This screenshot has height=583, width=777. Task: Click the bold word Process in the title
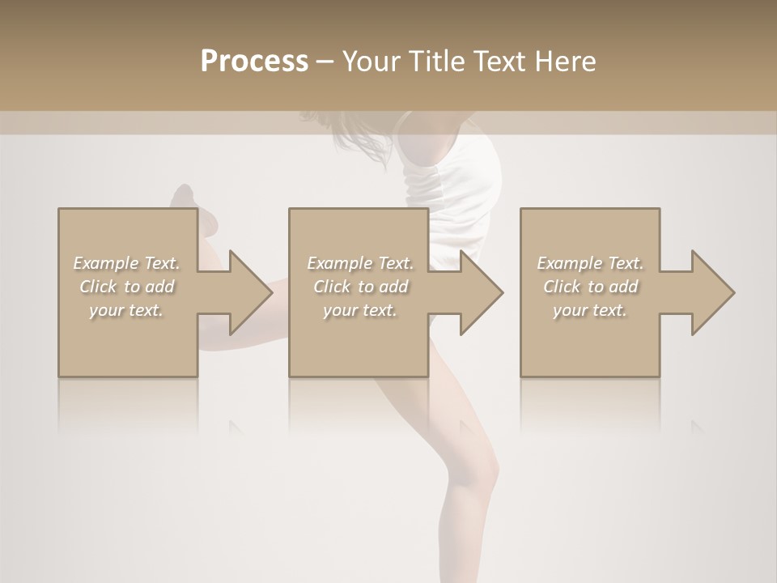pyautogui.click(x=254, y=62)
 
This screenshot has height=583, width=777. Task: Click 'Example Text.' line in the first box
pyautogui.click(x=127, y=263)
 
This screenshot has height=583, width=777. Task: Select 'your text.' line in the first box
pyautogui.click(x=127, y=310)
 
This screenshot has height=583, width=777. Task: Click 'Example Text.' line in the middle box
pyautogui.click(x=360, y=263)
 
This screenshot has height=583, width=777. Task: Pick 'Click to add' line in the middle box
pyautogui.click(x=360, y=287)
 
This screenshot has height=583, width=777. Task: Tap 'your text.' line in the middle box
pyautogui.click(x=360, y=310)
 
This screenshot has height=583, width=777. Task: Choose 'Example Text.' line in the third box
pyautogui.click(x=590, y=263)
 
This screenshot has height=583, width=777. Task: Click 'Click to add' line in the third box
pyautogui.click(x=590, y=287)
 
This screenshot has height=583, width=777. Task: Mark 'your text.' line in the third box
pyautogui.click(x=590, y=310)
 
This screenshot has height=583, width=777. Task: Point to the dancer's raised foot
pyautogui.click(x=185, y=198)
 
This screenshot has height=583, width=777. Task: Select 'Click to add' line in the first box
pyautogui.click(x=127, y=287)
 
